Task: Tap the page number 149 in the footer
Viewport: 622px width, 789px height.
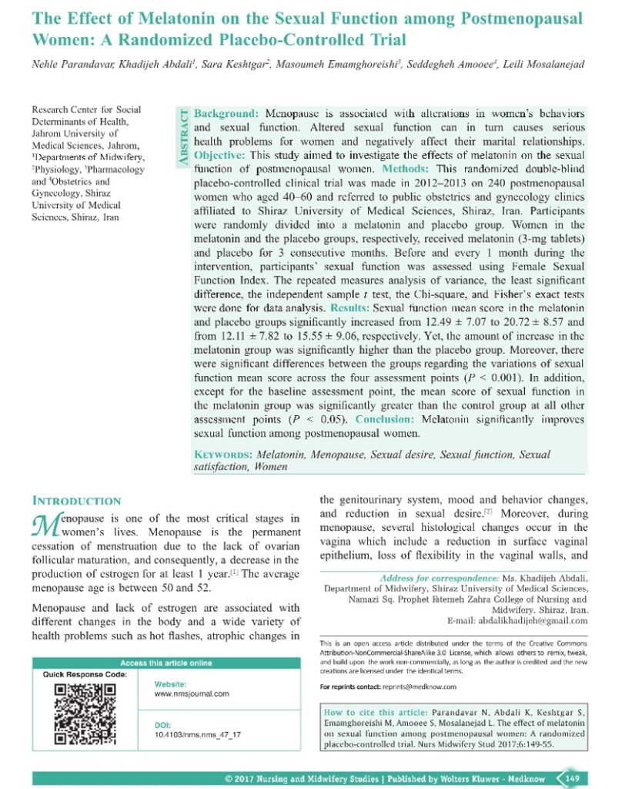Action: click(x=572, y=778)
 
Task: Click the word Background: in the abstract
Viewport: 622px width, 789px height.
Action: click(x=226, y=113)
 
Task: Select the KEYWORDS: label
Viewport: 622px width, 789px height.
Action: click(x=223, y=455)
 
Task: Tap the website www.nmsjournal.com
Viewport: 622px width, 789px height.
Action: click(x=192, y=693)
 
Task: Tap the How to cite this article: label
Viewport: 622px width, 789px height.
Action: click(x=372, y=713)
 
